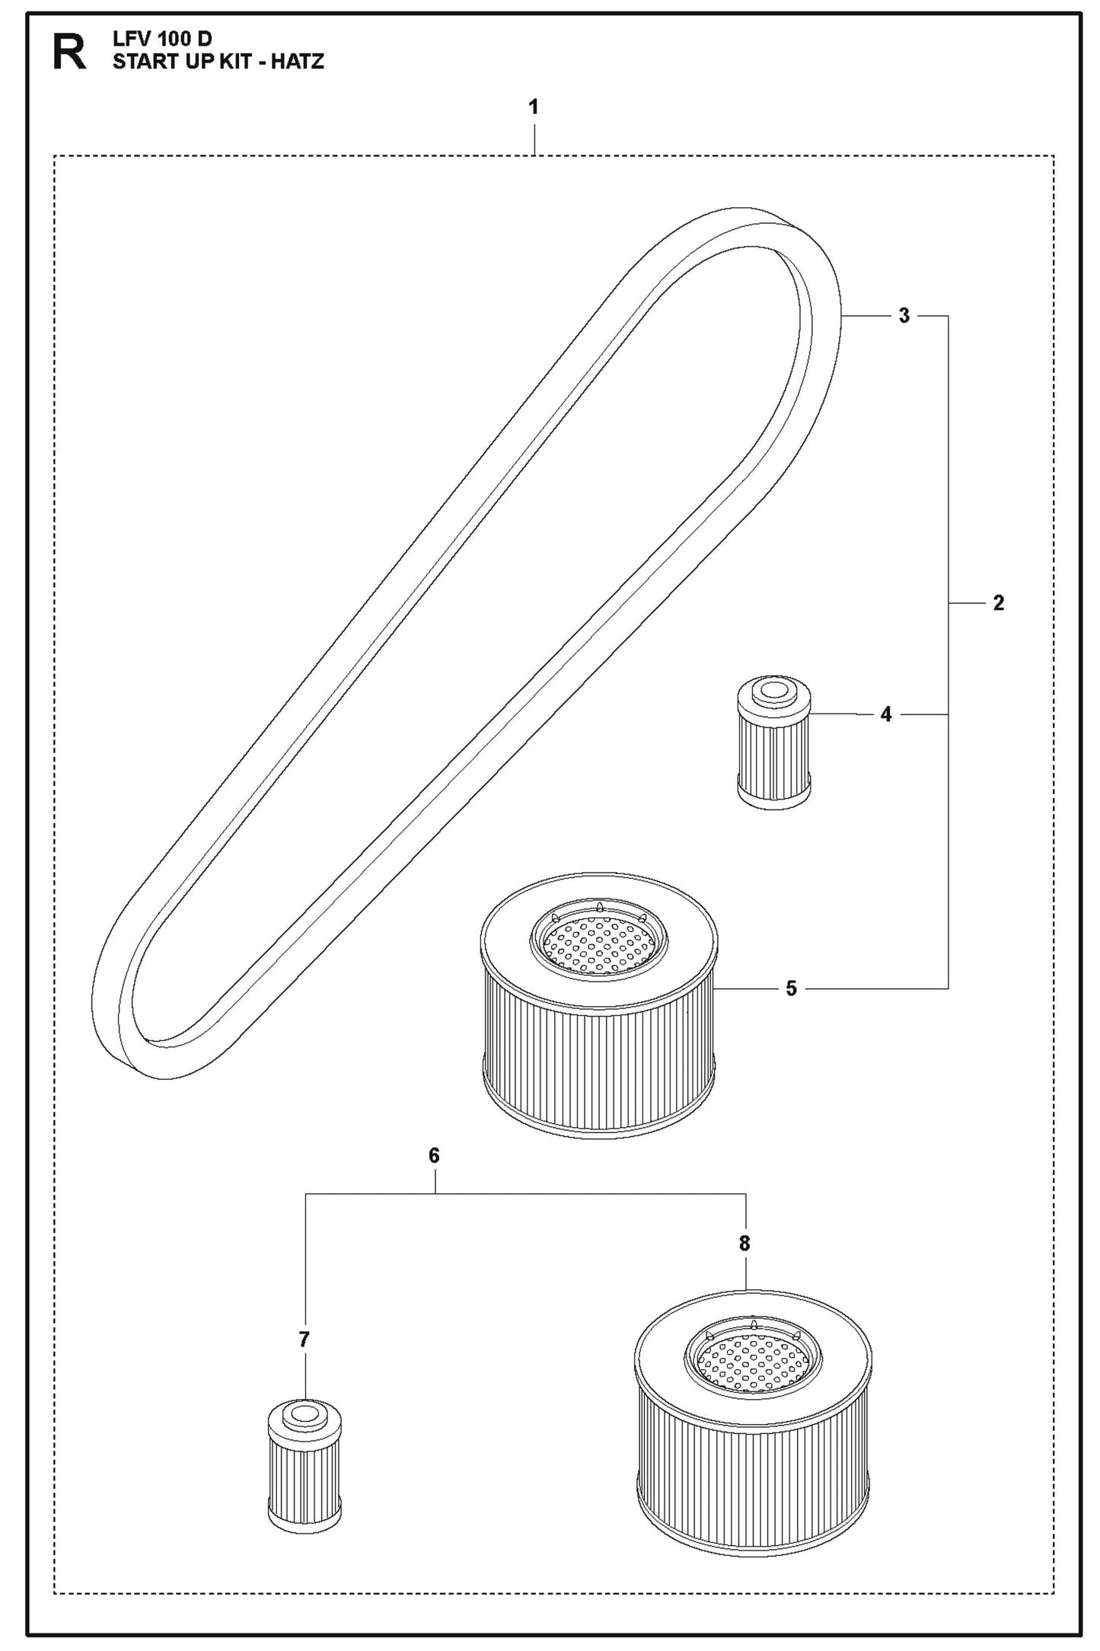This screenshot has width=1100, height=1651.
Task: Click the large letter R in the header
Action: pos(69,53)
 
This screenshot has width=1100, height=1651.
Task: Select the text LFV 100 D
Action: pos(162,41)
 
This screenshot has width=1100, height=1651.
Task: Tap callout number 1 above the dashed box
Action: pos(534,107)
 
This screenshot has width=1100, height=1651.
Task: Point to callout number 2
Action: pos(999,604)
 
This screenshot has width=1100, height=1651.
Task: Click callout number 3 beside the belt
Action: pos(904,315)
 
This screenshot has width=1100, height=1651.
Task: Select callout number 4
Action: pos(886,714)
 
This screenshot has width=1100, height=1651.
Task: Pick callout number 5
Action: pos(792,988)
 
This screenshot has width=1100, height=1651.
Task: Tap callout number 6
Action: pos(434,1156)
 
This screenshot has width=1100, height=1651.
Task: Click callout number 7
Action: pos(304,1340)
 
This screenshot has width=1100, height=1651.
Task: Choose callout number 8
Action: pos(744,1243)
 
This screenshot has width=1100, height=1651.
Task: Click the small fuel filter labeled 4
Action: pos(773,742)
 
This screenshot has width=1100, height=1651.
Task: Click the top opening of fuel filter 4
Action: pos(773,691)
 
